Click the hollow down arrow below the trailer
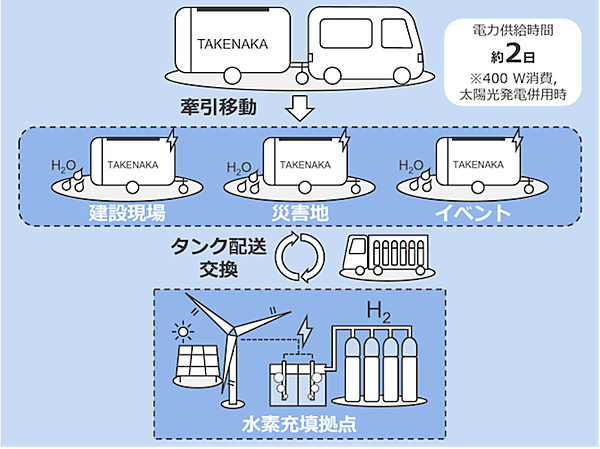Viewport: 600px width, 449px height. [x=301, y=104]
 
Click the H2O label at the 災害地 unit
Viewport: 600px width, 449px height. [x=238, y=167]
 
